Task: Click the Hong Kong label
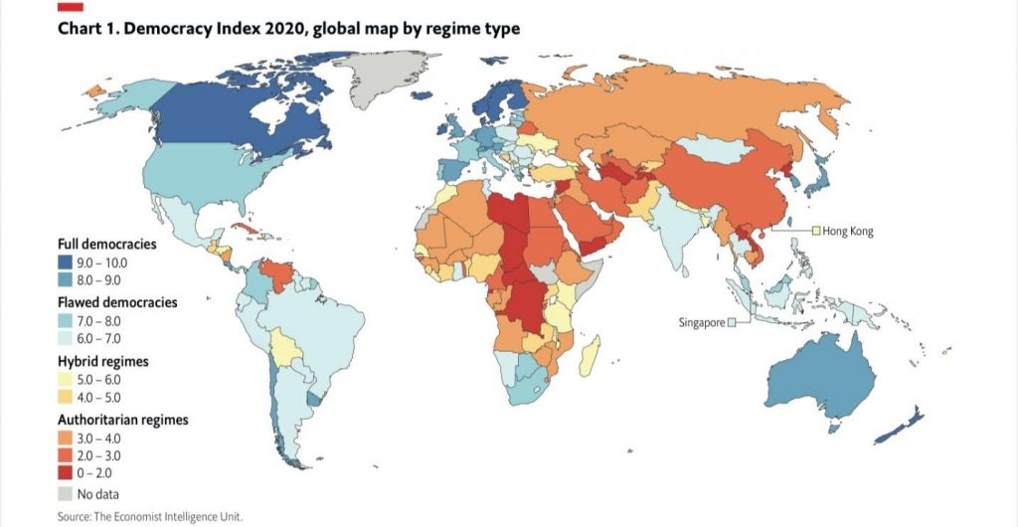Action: [847, 231]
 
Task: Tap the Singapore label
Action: [701, 322]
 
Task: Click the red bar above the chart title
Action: [71, 7]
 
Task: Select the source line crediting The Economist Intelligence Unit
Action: [149, 516]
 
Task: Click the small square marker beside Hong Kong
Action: [815, 231]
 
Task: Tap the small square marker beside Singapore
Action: [731, 322]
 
